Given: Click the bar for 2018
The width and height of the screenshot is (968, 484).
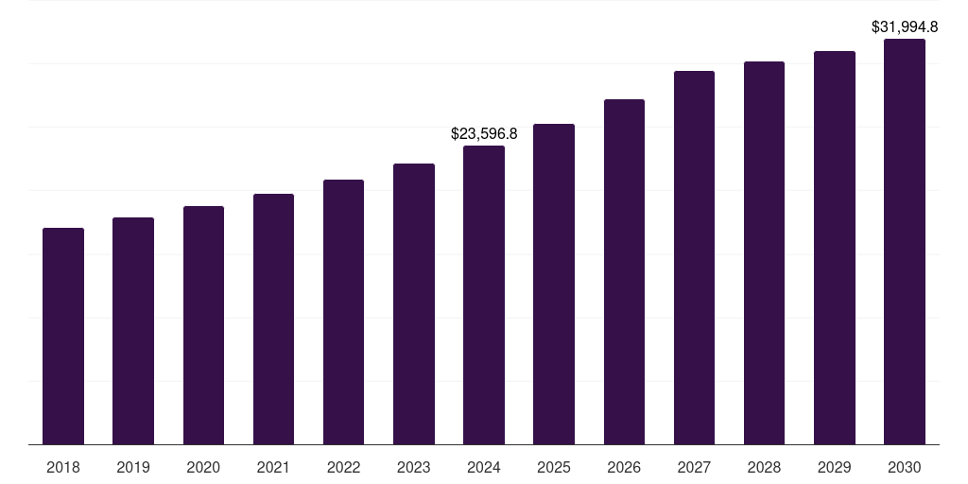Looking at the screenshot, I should coord(63,336).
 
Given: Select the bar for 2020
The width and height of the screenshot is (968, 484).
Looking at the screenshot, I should coord(203,325).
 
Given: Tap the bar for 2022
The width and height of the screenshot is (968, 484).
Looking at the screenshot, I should coord(343,312).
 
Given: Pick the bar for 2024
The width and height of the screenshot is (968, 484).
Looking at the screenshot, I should coord(484,295).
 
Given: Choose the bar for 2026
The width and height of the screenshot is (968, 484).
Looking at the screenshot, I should coord(624,271).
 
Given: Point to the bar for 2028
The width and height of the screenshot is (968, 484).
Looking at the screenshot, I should coord(764,252).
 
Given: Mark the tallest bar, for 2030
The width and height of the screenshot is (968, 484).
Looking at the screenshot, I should coord(905,241).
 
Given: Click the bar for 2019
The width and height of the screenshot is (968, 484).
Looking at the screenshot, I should coord(133,331).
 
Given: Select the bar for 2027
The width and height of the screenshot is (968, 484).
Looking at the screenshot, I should coord(694,257).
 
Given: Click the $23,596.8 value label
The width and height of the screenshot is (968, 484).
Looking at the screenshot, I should coord(484,134).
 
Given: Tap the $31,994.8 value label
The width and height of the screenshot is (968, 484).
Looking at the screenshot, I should coord(905,26).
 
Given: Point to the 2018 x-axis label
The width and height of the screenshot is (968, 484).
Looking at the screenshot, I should coord(63,467).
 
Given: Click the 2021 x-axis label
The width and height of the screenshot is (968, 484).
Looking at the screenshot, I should coord(273,467).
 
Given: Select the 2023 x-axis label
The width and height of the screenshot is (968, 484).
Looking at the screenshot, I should coord(414,467).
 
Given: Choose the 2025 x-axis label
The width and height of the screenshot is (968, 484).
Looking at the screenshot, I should coord(554,467).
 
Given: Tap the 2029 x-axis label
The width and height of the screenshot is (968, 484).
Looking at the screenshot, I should coord(835,467).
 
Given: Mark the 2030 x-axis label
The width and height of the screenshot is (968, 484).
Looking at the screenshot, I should coord(905,467).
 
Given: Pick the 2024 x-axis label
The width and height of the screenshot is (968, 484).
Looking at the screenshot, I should coord(484,467).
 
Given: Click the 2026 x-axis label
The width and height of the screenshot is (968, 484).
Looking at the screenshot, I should coord(624,467).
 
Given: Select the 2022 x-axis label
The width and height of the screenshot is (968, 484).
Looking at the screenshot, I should coord(343,467).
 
